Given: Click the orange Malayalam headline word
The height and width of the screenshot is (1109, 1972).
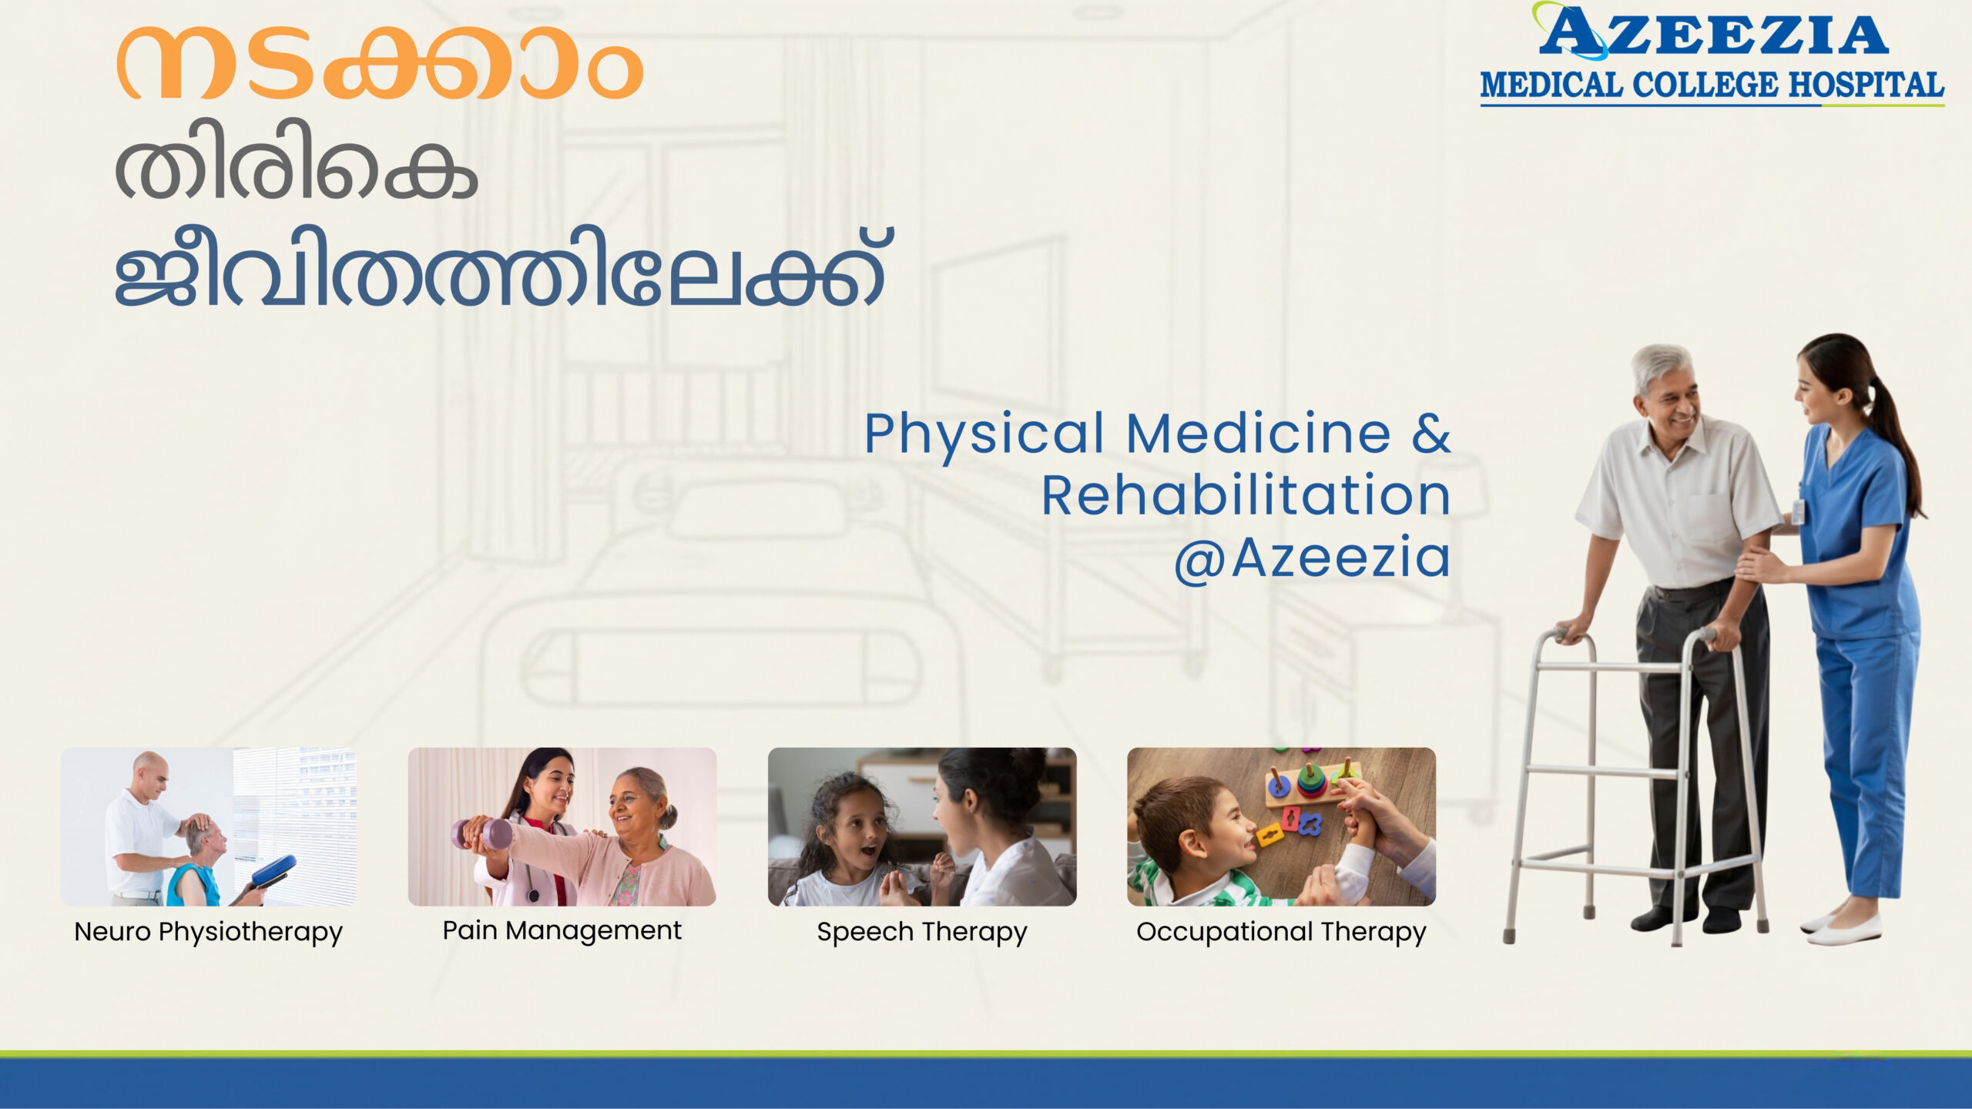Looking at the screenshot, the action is tap(380, 63).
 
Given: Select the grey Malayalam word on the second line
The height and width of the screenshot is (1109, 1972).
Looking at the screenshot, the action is tap(297, 159).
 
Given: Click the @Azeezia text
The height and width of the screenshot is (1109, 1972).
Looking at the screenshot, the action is tap(1312, 557).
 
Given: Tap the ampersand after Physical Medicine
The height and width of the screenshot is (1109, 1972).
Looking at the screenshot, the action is tap(1431, 433).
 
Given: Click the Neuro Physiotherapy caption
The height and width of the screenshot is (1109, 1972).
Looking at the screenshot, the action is tap(208, 933).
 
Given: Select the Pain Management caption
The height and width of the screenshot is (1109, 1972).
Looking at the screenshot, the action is tap(562, 931).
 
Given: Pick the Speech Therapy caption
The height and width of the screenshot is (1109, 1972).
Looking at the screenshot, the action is tap(922, 933).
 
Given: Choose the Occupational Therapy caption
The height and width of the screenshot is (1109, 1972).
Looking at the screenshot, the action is tap(1281, 933).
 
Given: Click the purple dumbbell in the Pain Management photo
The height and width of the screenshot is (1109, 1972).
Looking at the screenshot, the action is tap(484, 833).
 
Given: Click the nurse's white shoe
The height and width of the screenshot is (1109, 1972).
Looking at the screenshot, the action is tap(1845, 933).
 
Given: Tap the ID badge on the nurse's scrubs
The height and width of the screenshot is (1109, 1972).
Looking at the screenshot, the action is tap(1798, 511).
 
